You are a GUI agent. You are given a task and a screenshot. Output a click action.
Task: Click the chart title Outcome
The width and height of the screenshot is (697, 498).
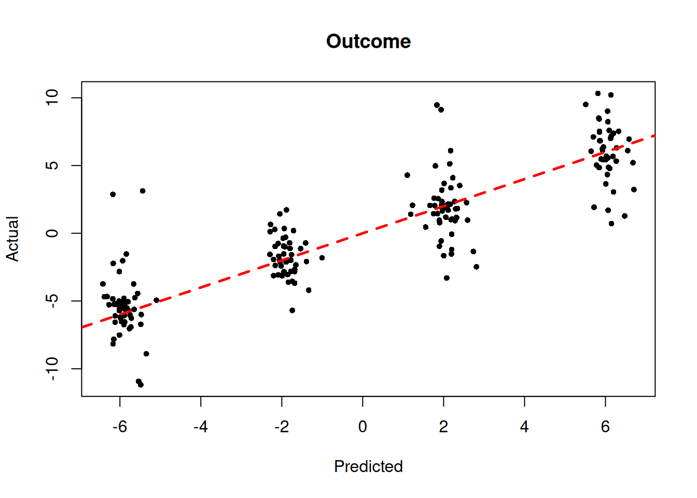coord(368,41)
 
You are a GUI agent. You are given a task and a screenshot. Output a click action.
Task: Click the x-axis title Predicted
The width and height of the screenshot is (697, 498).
coord(368,466)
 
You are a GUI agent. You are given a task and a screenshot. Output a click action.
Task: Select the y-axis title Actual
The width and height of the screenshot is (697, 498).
coord(12,239)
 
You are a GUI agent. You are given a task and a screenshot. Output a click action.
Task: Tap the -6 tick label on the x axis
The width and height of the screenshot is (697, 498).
coord(120,427)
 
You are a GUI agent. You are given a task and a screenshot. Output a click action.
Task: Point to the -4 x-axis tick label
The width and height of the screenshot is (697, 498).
coord(201,427)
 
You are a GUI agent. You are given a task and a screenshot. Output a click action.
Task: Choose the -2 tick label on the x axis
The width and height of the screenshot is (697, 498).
coord(282,427)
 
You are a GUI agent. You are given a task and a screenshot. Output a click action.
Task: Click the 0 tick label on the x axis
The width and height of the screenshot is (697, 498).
coord(363,427)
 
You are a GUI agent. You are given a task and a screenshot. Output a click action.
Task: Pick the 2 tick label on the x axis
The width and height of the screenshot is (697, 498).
coord(443,427)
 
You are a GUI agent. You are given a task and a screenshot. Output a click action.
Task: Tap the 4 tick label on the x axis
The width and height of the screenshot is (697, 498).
coord(524,427)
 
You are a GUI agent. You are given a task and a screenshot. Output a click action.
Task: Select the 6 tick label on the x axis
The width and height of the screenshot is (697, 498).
coord(605,427)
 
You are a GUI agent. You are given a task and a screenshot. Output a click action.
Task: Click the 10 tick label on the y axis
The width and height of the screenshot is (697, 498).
coord(52,98)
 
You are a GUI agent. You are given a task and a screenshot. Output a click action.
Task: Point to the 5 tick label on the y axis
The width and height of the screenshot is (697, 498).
coord(52,165)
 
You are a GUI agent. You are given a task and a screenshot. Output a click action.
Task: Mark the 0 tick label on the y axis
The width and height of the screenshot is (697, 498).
coord(52,233)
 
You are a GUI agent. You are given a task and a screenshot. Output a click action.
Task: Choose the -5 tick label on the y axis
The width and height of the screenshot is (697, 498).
coord(52,300)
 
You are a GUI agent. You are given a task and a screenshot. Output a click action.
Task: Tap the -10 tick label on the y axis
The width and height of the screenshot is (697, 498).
coord(52,368)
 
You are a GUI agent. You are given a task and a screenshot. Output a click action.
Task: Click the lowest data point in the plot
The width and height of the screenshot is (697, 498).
coord(141,385)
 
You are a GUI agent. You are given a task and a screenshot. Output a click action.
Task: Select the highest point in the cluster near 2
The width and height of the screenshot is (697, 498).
coord(437,105)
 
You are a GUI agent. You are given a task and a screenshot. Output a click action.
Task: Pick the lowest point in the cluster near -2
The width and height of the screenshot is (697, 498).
coord(292,310)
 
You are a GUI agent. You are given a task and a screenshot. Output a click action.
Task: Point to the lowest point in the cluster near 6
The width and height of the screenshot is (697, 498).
coord(611,224)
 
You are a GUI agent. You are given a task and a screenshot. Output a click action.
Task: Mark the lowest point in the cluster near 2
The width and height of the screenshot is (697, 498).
coord(447,278)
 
